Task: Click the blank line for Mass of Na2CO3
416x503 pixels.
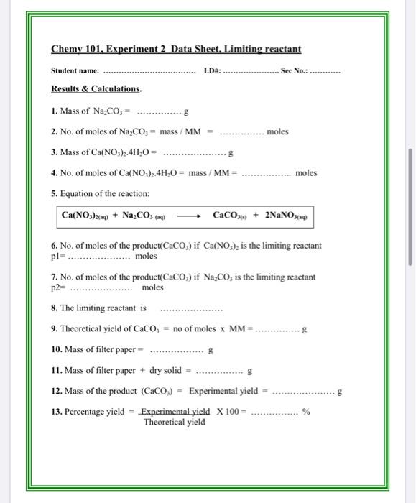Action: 159,113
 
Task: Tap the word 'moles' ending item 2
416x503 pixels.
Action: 277,132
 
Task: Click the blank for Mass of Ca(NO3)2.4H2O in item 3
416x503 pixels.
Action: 195,153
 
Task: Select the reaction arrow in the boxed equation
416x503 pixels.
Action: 189,215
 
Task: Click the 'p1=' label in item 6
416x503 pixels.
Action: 57,256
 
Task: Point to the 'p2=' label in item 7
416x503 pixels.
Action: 58,287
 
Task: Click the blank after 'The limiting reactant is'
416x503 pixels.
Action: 191,309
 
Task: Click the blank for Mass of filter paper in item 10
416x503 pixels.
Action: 176,351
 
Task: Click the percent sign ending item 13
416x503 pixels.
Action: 306,412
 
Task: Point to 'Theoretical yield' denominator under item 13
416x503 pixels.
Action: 174,422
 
